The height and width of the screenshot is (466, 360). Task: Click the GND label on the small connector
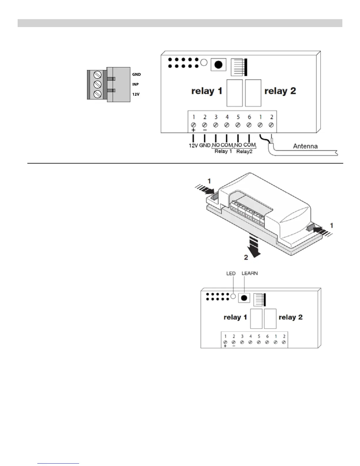pyautogui.click(x=136, y=74)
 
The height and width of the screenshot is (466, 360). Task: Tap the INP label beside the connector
pyautogui.click(x=135, y=84)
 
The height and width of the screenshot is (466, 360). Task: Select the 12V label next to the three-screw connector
pyautogui.click(x=136, y=94)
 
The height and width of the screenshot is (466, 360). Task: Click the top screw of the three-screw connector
pyautogui.click(x=97, y=74)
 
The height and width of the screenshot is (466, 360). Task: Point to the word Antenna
pyautogui.click(x=305, y=146)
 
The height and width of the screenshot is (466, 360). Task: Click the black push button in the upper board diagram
pyautogui.click(x=218, y=65)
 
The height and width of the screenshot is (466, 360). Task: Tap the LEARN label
pyautogui.click(x=249, y=273)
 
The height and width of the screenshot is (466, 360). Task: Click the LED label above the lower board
pyautogui.click(x=231, y=274)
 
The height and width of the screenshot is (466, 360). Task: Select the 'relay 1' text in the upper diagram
pyautogui.click(x=207, y=91)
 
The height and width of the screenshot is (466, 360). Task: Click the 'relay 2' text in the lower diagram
pyautogui.click(x=291, y=317)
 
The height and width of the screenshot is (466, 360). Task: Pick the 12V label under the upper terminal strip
pyautogui.click(x=193, y=145)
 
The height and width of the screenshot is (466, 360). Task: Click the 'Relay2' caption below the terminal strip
pyautogui.click(x=244, y=152)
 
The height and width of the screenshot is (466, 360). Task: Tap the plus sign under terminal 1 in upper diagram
pyautogui.click(x=193, y=130)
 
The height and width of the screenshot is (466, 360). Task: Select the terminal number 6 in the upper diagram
pyautogui.click(x=249, y=117)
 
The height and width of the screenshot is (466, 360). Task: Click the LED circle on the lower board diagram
pyautogui.click(x=233, y=296)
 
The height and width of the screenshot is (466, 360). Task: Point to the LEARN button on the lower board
pyautogui.click(x=244, y=298)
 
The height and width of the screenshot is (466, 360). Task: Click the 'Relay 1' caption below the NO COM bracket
pyautogui.click(x=223, y=152)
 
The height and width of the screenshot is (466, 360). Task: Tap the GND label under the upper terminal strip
pyautogui.click(x=205, y=145)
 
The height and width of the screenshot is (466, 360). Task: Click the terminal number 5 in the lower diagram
pyautogui.click(x=259, y=336)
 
